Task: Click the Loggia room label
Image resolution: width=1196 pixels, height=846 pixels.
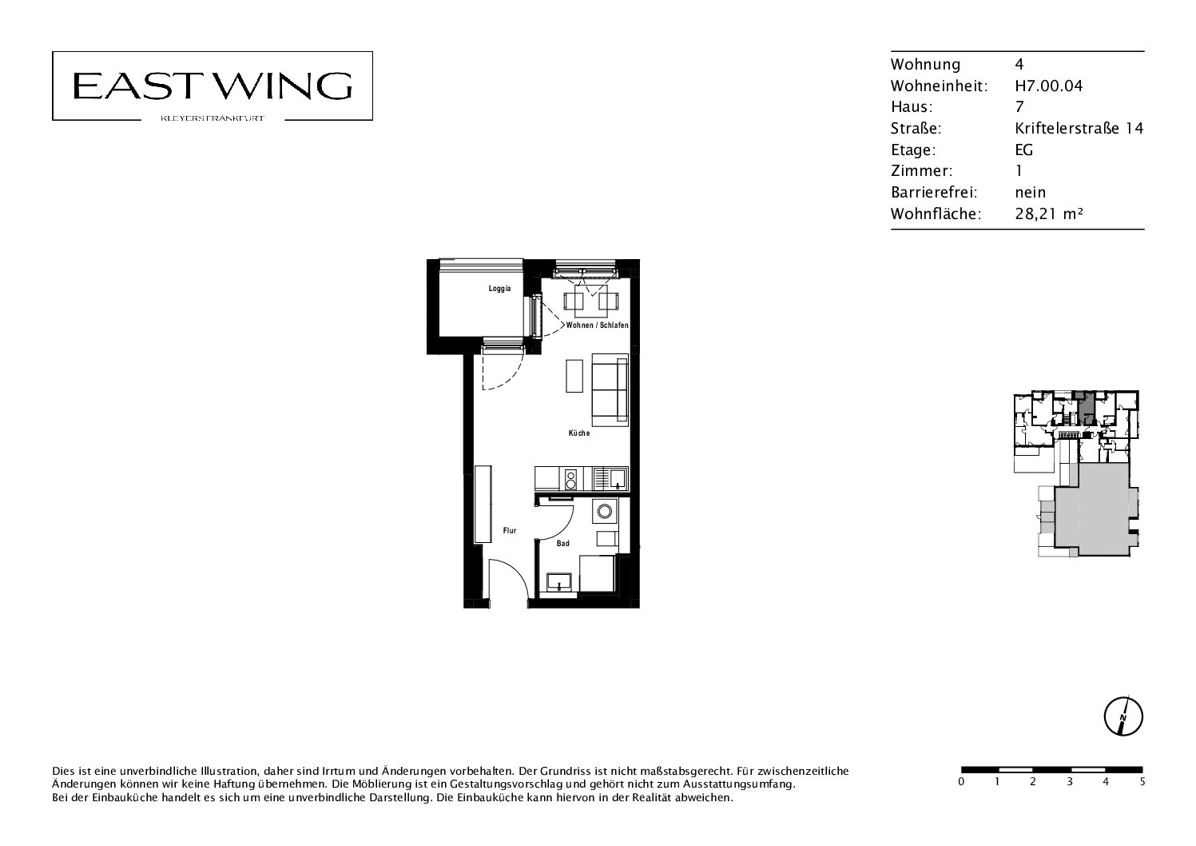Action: tap(499, 289)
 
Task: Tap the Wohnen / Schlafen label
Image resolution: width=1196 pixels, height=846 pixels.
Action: tap(597, 325)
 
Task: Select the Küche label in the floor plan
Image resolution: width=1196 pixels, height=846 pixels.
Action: tap(578, 433)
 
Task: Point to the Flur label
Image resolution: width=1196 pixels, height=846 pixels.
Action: tap(510, 531)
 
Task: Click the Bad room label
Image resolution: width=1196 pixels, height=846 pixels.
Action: tap(562, 544)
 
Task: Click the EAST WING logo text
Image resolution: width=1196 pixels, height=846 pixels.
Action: tap(213, 86)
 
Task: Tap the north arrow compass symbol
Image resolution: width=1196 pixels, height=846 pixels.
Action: tap(1123, 716)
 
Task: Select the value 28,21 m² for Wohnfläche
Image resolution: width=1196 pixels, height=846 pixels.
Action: tap(1049, 213)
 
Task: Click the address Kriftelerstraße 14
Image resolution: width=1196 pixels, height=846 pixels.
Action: tap(1079, 128)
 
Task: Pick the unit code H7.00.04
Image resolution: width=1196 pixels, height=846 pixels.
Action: tap(1049, 86)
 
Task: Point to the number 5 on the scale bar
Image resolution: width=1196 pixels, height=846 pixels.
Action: tap(1142, 781)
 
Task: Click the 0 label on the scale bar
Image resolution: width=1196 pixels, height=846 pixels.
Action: tap(961, 781)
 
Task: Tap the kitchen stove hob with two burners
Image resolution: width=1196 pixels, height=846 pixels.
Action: tap(570, 480)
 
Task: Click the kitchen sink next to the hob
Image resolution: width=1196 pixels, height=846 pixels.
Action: tap(611, 479)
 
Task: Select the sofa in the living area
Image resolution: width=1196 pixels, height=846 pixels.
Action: tap(610, 390)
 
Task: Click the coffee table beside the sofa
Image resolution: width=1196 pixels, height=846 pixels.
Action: tap(574, 376)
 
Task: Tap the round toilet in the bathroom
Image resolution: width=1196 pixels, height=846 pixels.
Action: tap(605, 511)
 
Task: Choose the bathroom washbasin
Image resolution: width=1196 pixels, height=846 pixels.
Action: tap(559, 581)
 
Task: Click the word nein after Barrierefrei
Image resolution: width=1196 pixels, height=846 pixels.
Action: tap(1030, 193)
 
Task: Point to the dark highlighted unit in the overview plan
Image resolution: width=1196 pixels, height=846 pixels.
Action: tap(1084, 409)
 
